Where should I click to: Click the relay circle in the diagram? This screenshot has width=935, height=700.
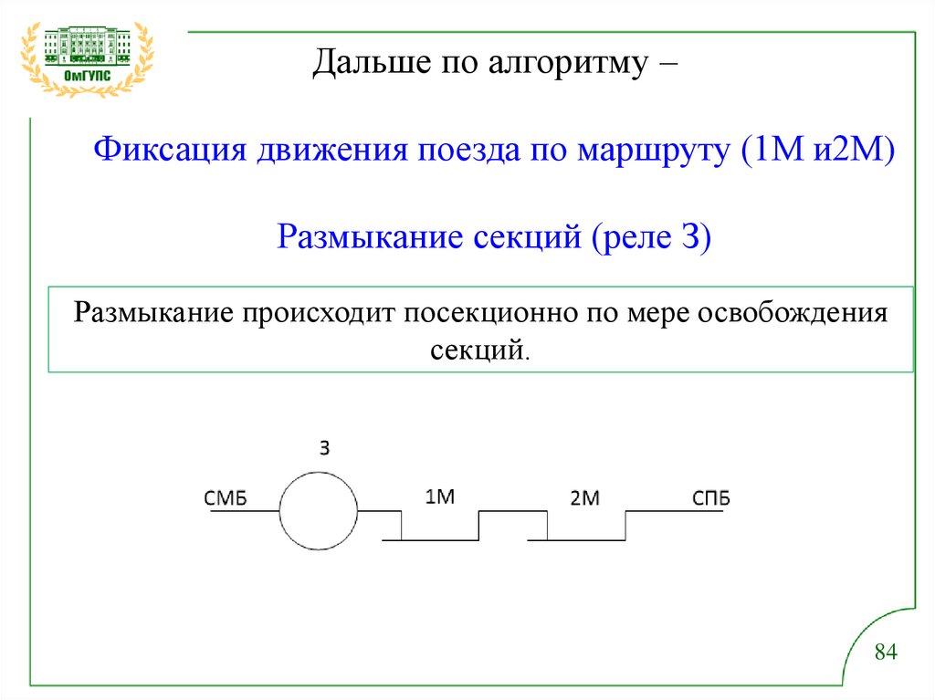(318, 511)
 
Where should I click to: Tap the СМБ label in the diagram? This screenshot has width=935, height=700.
(226, 498)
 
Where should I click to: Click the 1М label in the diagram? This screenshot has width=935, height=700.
(439, 496)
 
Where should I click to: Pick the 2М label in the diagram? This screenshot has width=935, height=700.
(584, 498)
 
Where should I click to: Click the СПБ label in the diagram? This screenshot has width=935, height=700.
(710, 498)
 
